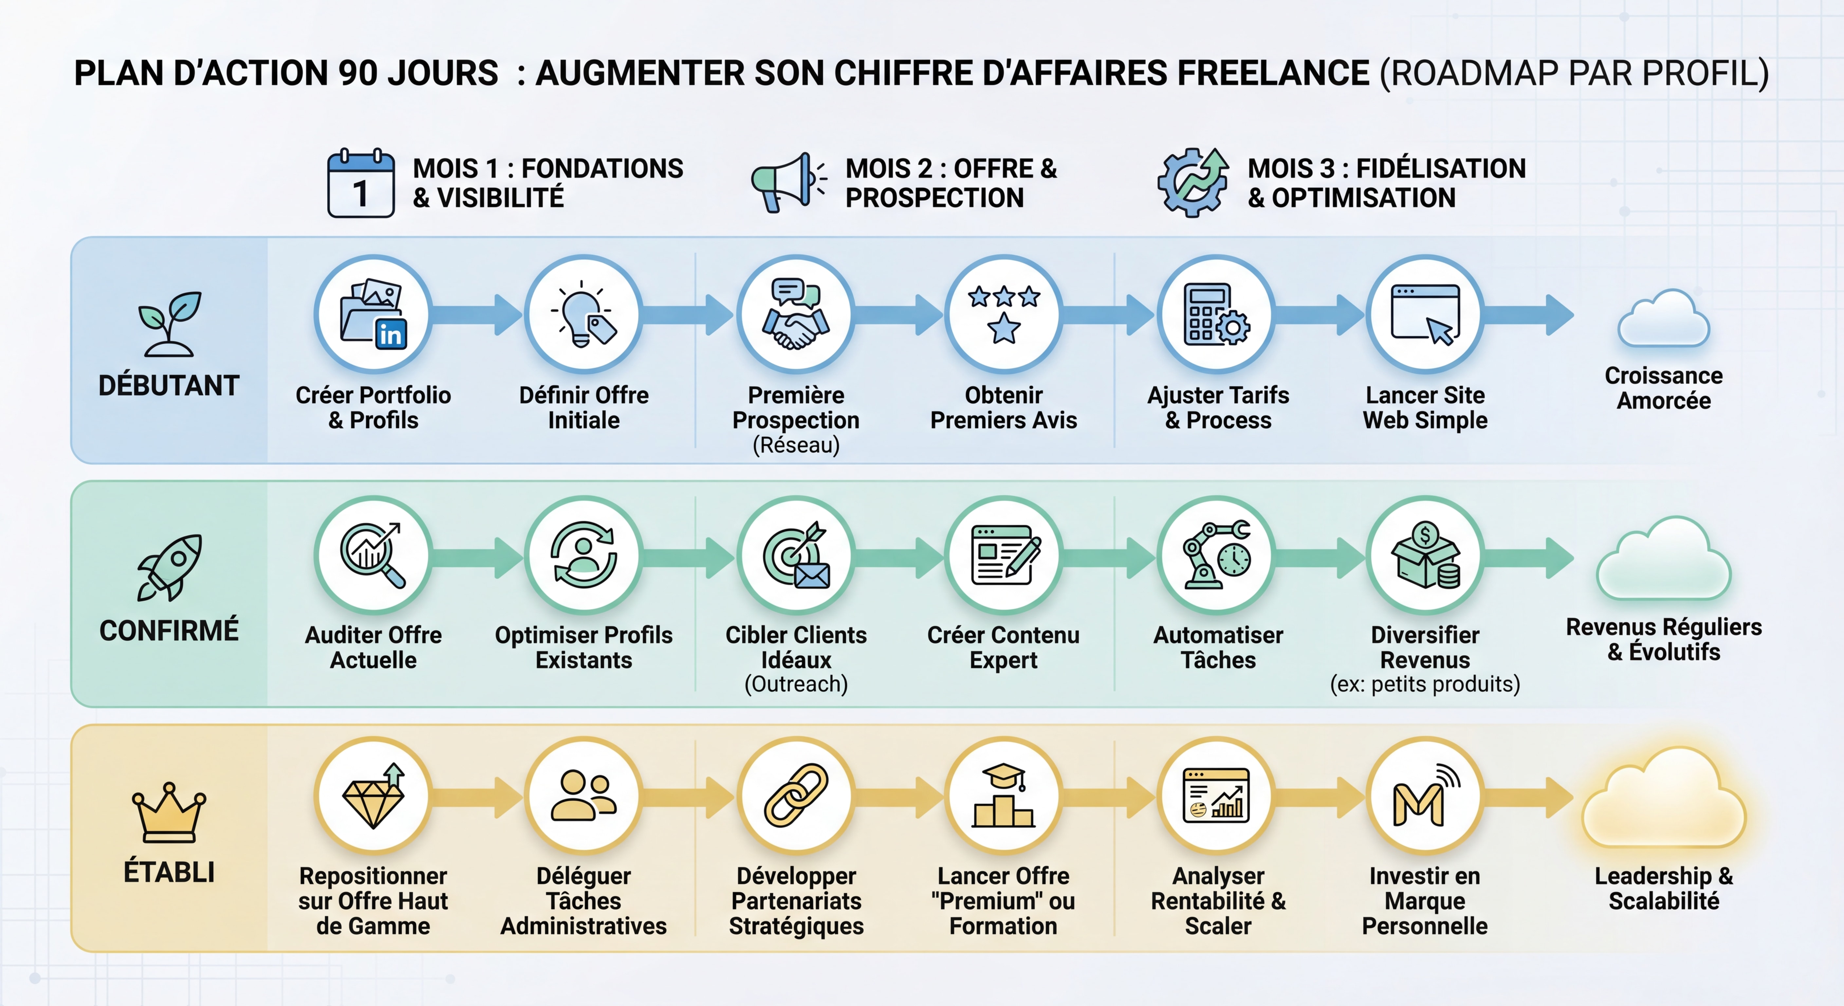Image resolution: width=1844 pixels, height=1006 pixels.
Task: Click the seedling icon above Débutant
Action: click(170, 324)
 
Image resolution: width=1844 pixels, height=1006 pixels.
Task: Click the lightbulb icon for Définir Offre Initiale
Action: click(583, 315)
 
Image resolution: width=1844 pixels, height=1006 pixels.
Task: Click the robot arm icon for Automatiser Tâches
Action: click(1217, 555)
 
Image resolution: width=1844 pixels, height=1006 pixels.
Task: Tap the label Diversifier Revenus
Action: click(1425, 646)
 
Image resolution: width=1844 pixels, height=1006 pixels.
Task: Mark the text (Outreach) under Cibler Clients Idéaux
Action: click(796, 684)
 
